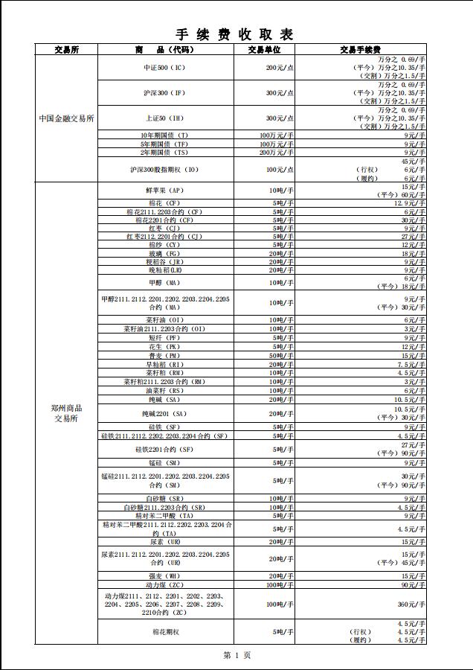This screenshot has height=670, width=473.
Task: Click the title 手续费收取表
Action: pyautogui.click(x=235, y=35)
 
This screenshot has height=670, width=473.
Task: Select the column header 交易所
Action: pyautogui.click(x=66, y=50)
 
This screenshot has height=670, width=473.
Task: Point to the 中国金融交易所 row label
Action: pyautogui.click(x=66, y=118)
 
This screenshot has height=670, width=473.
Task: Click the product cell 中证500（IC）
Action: pyautogui.click(x=164, y=67)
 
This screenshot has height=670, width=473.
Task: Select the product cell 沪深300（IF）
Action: pyautogui.click(x=164, y=93)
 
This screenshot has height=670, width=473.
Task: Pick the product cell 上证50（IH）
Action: pyautogui.click(x=164, y=118)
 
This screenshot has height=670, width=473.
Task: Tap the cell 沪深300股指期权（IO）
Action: pyautogui.click(x=166, y=170)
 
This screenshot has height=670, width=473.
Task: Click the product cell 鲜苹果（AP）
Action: pyautogui.click(x=164, y=191)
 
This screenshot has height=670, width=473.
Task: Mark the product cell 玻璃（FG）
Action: pyautogui.click(x=164, y=254)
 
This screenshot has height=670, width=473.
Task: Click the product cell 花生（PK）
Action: pyautogui.click(x=164, y=347)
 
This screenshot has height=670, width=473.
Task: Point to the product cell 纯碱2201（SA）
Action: pyautogui.click(x=164, y=413)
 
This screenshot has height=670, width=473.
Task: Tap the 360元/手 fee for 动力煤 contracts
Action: pyautogui.click(x=411, y=604)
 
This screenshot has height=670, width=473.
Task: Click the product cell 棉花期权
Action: pyautogui.click(x=164, y=631)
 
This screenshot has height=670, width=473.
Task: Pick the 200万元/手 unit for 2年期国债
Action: pyautogui.click(x=276, y=153)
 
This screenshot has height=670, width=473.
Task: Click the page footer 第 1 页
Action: pyautogui.click(x=236, y=655)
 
